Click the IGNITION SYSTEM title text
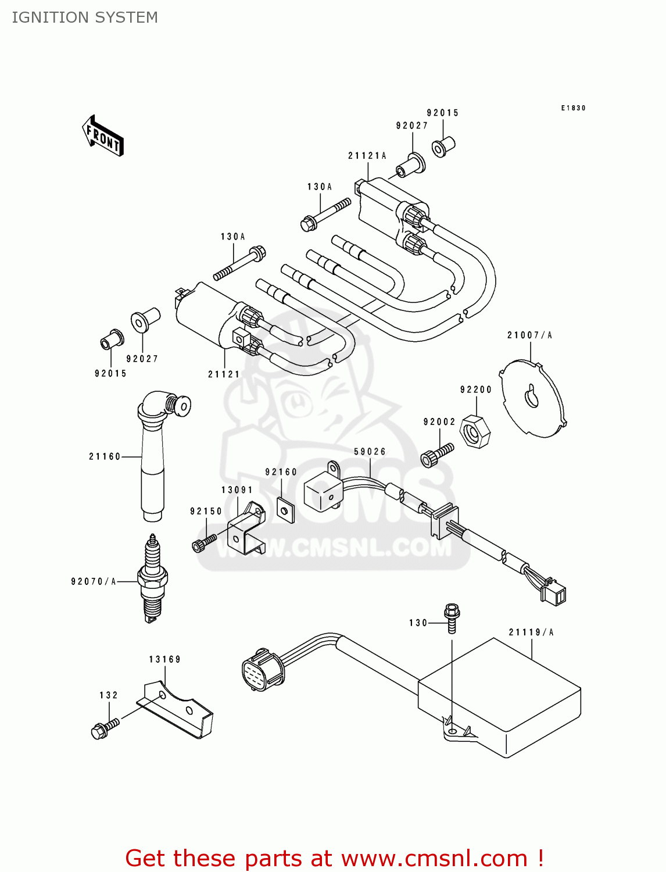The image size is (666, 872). point(85,17)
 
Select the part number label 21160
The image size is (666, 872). point(105,457)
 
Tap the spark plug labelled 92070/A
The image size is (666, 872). point(152,578)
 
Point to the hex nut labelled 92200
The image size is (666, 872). point(475,432)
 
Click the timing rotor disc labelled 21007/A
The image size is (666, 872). point(533,399)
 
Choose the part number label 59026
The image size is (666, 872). point(370,452)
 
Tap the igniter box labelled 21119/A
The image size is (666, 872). point(500,698)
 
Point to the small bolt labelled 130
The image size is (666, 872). point(452,618)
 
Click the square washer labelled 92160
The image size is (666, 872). point(285,510)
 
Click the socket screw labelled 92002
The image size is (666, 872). point(436,455)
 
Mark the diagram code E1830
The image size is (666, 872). point(573,108)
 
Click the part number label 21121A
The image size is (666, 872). point(367,156)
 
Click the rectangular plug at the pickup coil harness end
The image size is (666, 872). point(553,594)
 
